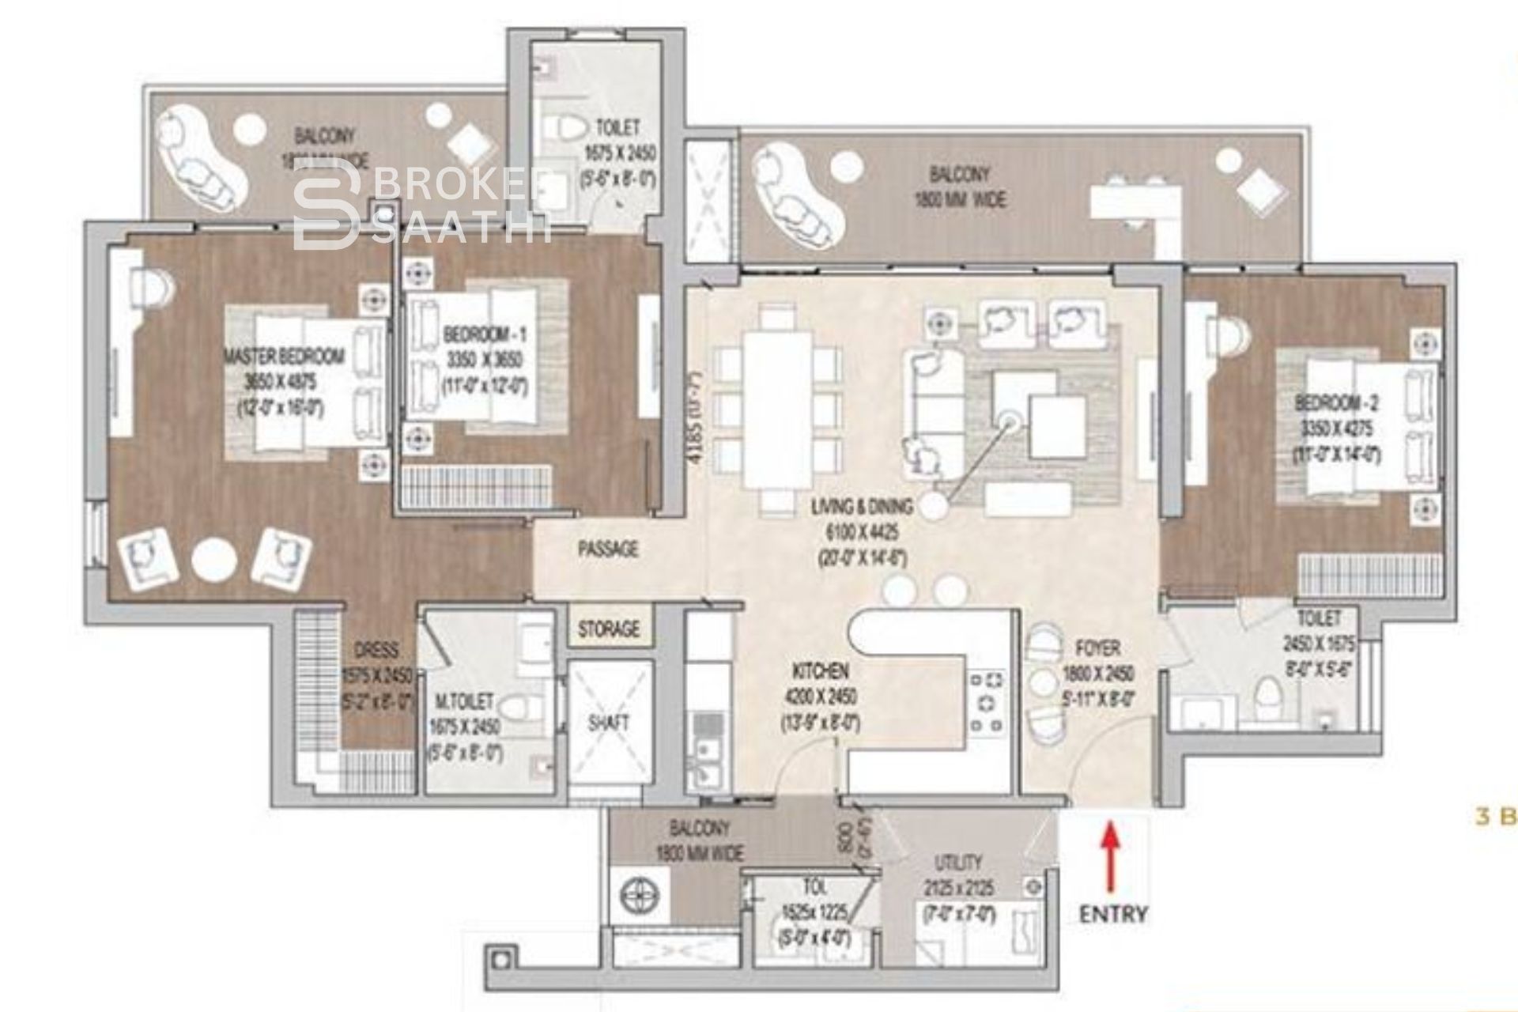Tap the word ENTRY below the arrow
click(1113, 914)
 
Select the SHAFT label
click(610, 722)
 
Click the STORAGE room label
click(609, 629)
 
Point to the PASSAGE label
click(608, 549)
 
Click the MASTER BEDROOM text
click(285, 357)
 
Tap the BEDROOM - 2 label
click(1336, 404)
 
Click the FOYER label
click(1097, 649)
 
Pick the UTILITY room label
click(959, 862)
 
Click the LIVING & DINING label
click(862, 506)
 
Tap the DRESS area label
click(376, 650)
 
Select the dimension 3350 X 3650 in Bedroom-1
click(474, 361)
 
